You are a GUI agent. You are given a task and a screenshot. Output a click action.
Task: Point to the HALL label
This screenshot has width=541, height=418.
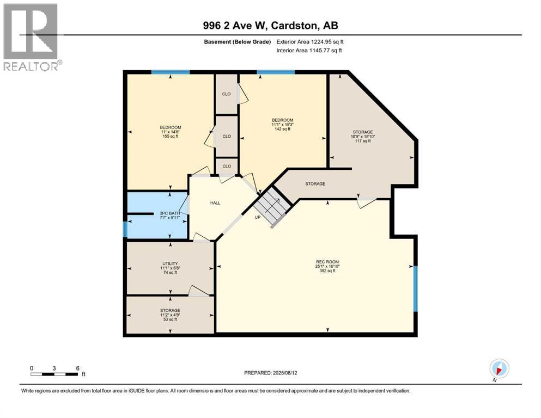click(215, 202)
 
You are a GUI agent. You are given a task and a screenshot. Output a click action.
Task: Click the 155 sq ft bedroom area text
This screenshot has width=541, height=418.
click(171, 137)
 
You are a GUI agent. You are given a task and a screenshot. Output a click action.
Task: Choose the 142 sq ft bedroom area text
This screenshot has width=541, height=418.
click(282, 129)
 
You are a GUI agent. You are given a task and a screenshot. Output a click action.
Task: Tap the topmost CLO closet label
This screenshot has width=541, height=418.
click(226, 94)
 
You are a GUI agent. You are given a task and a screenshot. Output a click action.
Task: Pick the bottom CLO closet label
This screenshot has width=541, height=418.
click(226, 166)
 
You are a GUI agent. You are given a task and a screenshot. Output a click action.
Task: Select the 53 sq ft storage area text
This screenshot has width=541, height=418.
click(170, 319)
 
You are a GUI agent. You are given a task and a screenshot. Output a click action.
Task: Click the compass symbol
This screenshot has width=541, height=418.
click(499, 368)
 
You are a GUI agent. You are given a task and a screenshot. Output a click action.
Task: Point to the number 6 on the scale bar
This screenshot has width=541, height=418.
click(78, 367)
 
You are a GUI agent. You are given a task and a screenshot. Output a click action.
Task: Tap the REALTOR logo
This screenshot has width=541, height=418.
click(31, 36)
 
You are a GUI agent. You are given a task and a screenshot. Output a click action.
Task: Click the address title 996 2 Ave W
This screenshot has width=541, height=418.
click(270, 26)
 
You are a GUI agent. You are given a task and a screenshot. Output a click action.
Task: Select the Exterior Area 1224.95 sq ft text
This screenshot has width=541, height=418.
click(309, 42)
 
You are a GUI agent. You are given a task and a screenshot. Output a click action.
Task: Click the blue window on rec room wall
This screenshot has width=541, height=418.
click(415, 288)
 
